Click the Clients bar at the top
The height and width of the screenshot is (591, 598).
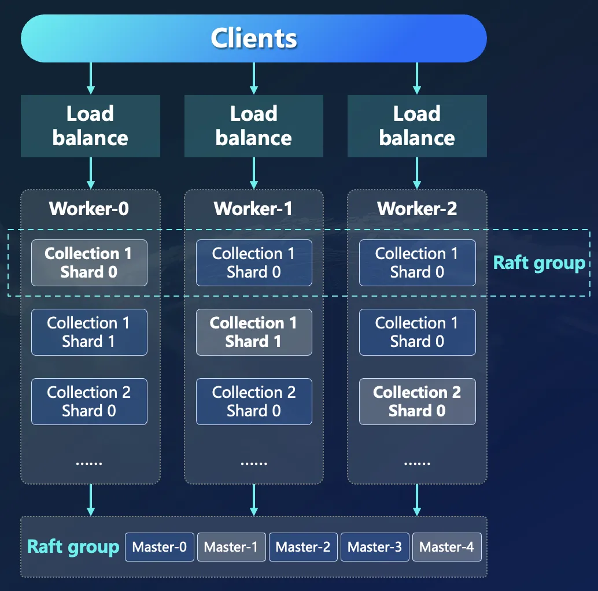click(253, 38)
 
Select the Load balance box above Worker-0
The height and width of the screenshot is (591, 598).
click(90, 126)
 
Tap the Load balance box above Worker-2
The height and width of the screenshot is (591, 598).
click(417, 126)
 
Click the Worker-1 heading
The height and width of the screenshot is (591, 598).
click(253, 209)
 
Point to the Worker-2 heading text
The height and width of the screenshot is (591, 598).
click(417, 209)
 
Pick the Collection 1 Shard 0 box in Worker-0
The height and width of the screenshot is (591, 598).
click(89, 263)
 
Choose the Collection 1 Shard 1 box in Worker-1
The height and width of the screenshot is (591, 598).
click(253, 332)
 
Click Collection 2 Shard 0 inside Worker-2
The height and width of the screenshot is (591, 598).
click(417, 401)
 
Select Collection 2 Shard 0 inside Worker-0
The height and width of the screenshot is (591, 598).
click(89, 401)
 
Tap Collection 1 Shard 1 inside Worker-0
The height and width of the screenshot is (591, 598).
click(89, 332)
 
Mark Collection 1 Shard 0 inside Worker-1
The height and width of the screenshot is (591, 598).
click(253, 263)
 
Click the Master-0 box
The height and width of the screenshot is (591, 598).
click(160, 547)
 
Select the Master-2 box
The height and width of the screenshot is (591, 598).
click(303, 547)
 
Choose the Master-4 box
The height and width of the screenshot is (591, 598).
click(446, 547)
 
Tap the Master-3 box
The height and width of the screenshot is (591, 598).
click(375, 547)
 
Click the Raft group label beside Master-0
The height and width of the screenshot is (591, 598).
click(73, 547)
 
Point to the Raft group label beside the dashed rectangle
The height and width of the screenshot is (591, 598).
click(539, 263)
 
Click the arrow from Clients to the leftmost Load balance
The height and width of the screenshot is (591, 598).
click(90, 79)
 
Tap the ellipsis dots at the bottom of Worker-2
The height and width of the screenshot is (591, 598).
click(417, 463)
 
